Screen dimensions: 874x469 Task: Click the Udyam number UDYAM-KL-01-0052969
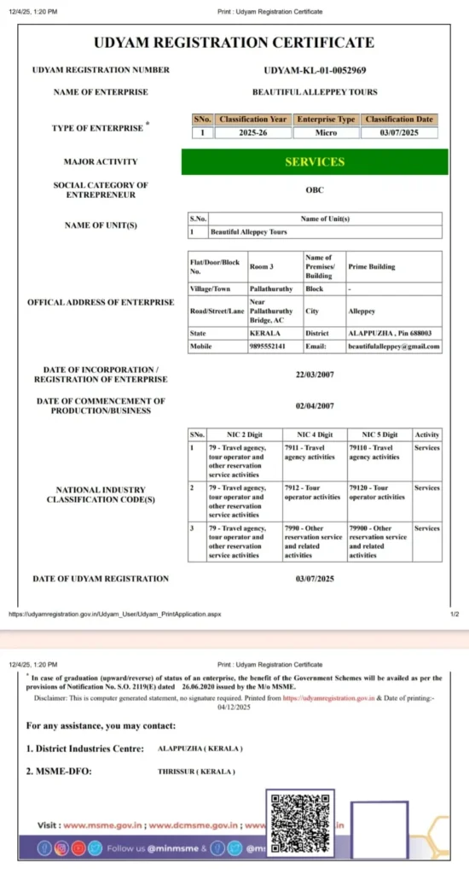click(315, 70)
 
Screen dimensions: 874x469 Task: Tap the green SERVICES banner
click(315, 161)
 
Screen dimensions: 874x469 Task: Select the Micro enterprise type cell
click(326, 132)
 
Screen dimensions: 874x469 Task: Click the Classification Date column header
click(400, 119)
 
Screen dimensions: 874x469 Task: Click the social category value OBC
click(315, 189)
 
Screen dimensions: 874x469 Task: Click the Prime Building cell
click(370, 266)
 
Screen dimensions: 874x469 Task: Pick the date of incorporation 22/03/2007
click(315, 374)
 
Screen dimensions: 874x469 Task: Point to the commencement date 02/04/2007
click(315, 405)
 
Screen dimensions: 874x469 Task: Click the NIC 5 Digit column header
click(379, 434)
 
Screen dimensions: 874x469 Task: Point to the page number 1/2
click(454, 614)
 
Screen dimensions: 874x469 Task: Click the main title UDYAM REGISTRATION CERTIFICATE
click(234, 43)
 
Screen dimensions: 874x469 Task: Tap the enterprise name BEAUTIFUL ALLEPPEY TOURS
click(315, 91)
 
